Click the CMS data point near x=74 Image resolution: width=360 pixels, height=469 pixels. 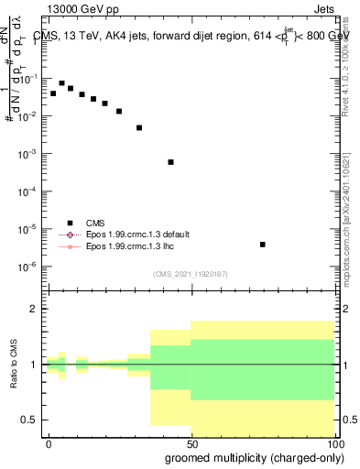pos(263,245)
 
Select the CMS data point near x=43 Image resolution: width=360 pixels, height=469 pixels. pos(171,162)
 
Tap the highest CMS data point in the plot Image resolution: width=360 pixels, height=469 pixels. pos(61,83)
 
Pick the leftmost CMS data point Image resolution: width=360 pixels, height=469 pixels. pos(53,93)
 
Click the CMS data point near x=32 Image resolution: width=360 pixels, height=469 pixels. pos(139,127)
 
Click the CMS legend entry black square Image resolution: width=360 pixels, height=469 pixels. pos(70,222)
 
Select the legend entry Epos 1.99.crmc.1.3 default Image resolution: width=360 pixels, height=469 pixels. pos(136,234)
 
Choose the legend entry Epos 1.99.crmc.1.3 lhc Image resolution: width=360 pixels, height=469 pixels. pos(129,247)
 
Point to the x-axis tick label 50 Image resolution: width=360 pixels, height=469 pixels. pos(191,443)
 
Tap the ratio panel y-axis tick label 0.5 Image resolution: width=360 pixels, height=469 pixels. pos(30,420)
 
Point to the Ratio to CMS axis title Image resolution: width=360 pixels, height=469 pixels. pos(13,365)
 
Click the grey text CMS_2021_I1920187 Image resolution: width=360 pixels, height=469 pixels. pos(191,274)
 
